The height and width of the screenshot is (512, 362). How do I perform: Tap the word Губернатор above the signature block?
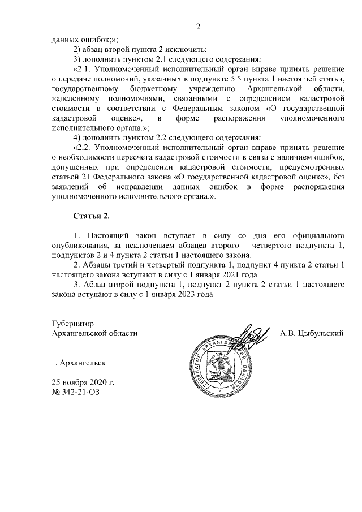(72, 324)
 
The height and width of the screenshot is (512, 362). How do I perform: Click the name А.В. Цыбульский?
(312, 333)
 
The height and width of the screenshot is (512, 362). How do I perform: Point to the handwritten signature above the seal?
(249, 336)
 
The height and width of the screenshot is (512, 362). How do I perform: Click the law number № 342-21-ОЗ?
(78, 391)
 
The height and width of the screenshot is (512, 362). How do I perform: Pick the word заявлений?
(72, 189)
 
